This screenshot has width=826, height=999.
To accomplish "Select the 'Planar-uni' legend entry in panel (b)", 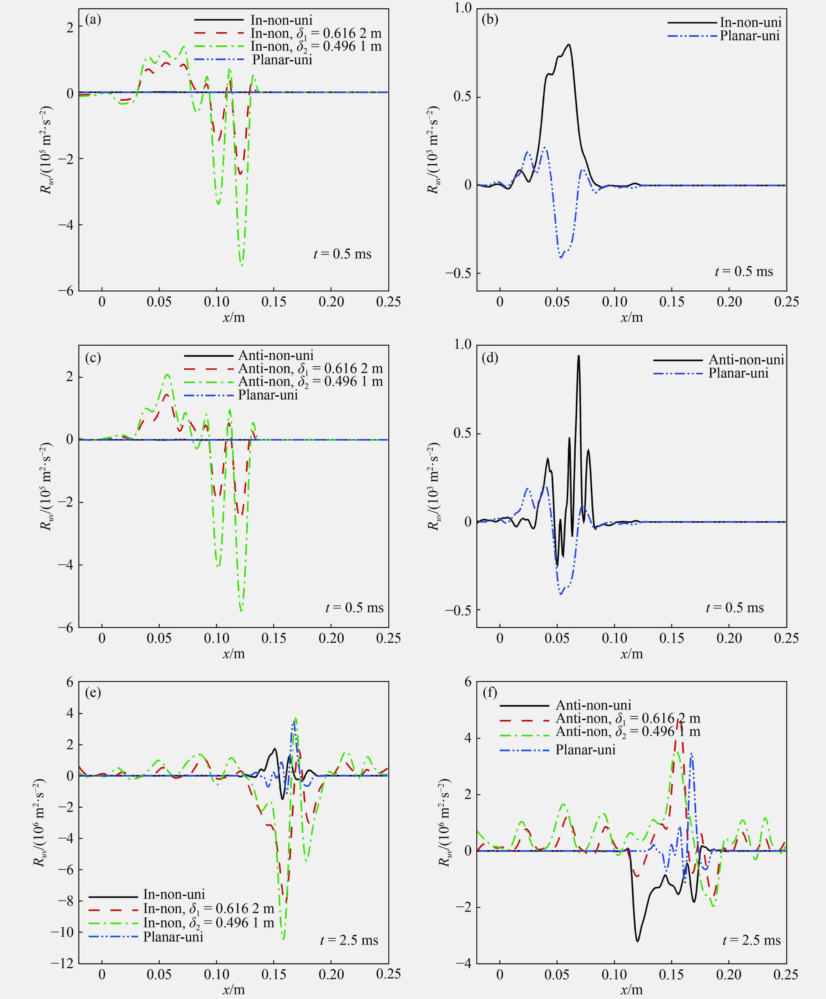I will coord(750,36).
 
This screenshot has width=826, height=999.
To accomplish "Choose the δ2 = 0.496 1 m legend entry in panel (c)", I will coord(310,382).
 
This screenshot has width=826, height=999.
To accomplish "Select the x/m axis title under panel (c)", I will coord(233,654).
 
